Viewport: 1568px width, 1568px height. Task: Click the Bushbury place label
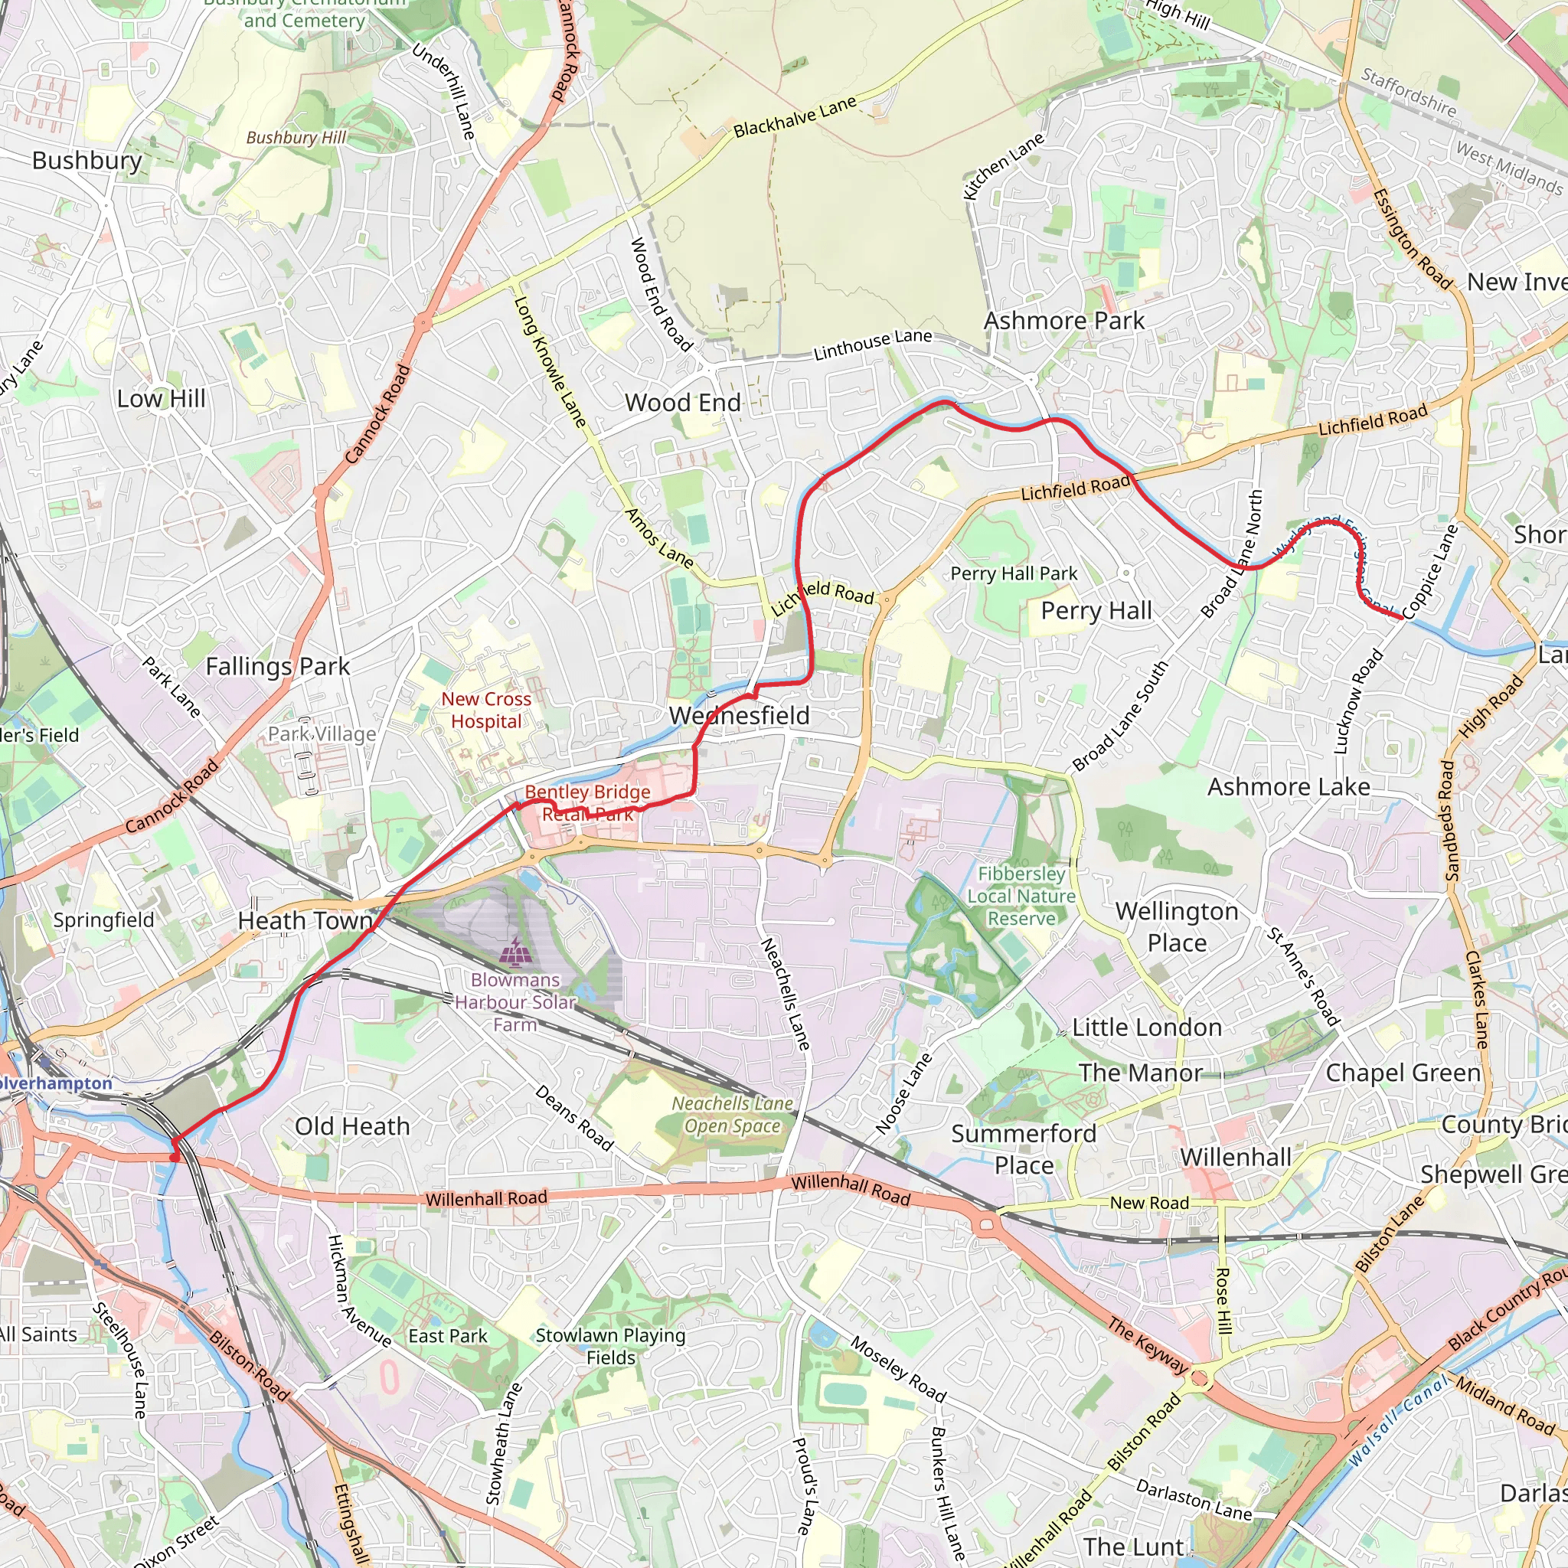(87, 161)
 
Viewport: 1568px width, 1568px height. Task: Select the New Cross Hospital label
(486, 710)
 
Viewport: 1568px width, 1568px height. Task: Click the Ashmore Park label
(1064, 322)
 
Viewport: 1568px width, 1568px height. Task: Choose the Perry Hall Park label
(1014, 573)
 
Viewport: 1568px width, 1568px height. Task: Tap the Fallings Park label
(278, 666)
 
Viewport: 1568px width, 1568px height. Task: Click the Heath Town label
(305, 921)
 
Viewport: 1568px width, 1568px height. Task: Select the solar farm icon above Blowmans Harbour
(514, 952)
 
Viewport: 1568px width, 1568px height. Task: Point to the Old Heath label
(352, 1126)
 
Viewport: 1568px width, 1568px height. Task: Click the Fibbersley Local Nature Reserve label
(1021, 896)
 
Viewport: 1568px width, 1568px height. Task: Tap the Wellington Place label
(1177, 927)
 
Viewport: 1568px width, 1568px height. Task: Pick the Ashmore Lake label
(1289, 787)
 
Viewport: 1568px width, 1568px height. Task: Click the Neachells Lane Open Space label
(732, 1114)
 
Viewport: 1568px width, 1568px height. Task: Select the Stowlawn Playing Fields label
(610, 1347)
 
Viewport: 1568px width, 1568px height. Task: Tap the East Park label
(448, 1336)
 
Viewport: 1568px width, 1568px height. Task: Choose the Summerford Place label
(1024, 1149)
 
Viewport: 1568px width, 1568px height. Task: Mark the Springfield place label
(103, 920)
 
